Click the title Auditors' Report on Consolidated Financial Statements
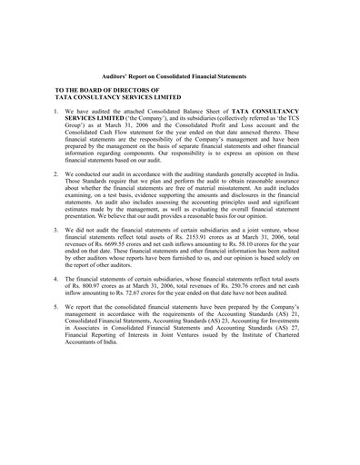click(180, 78)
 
